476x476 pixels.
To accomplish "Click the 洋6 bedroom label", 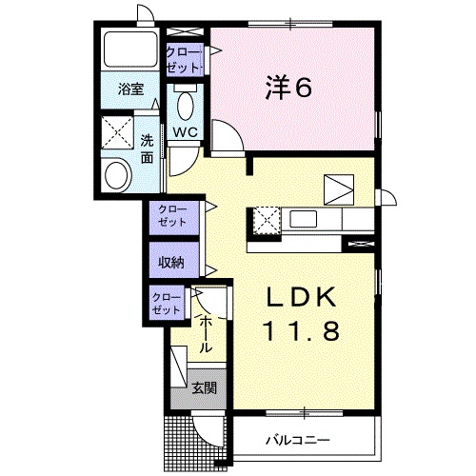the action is click(288, 88).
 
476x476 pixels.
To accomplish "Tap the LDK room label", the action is click(301, 297).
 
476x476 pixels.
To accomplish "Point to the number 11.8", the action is click(301, 330).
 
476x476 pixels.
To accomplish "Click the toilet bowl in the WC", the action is click(186, 106).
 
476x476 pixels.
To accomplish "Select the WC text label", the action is click(186, 132).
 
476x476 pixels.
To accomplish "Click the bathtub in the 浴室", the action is click(130, 50).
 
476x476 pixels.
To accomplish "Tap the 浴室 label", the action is click(130, 89).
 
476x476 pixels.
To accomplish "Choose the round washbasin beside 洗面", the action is click(118, 175).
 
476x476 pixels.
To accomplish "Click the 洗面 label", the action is click(147, 149).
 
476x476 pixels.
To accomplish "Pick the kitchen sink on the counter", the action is click(303, 219).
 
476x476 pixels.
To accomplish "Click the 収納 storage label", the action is click(171, 262).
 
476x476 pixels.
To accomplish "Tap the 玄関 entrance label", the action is click(205, 387).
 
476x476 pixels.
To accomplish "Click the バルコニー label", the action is click(298, 440).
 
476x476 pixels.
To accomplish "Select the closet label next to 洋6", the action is click(185, 60).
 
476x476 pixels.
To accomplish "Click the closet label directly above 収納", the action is click(172, 215).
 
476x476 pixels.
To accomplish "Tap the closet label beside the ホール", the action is click(167, 303).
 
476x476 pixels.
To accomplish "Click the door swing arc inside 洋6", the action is click(232, 130).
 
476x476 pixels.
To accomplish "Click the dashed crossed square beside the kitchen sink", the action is click(268, 221).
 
